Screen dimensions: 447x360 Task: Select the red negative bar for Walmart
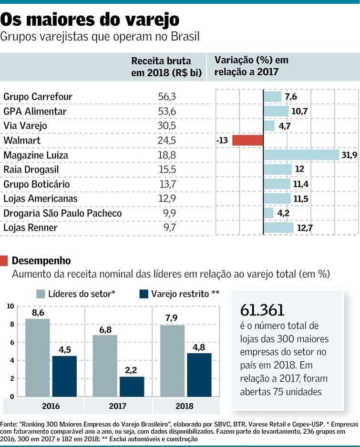click(x=248, y=141)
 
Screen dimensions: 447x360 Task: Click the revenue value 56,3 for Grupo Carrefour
click(x=167, y=97)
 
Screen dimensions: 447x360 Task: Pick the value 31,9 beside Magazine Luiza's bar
click(x=349, y=155)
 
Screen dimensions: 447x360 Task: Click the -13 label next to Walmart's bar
click(x=222, y=141)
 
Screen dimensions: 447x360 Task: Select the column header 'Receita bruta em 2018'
click(x=166, y=67)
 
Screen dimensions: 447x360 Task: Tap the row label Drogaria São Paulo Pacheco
click(x=62, y=213)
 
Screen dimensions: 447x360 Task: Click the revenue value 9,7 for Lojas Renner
click(x=169, y=228)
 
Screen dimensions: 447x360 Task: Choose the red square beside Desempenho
click(x=4, y=261)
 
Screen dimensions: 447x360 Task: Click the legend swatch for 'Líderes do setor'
click(x=41, y=294)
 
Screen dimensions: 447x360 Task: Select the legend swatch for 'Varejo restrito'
click(x=144, y=294)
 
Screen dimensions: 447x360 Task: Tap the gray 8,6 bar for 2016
click(x=38, y=357)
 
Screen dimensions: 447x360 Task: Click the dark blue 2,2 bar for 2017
click(x=132, y=386)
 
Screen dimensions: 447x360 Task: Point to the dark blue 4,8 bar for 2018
click(x=199, y=375)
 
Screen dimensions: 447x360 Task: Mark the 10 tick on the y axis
click(x=10, y=306)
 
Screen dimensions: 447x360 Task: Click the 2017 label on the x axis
click(x=117, y=406)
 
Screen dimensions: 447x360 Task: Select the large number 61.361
click(x=262, y=310)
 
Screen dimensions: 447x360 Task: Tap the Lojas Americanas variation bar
click(x=277, y=199)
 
